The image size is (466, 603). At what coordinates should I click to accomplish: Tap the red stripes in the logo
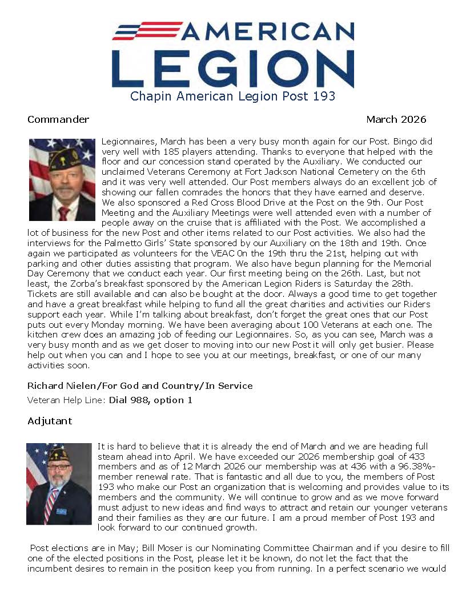[x=147, y=30]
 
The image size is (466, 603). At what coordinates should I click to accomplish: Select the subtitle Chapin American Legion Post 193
[x=233, y=97]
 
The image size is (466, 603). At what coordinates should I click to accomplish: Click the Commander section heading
[x=58, y=120]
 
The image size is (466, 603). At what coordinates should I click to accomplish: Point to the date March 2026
[x=396, y=120]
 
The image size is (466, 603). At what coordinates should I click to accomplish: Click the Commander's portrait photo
[x=62, y=180]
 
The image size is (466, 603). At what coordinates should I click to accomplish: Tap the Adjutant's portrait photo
[x=59, y=484]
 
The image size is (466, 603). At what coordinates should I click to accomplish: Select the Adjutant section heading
[x=50, y=421]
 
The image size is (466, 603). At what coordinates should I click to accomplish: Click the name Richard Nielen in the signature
[x=59, y=386]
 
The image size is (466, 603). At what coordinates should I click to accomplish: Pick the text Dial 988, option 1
[x=151, y=400]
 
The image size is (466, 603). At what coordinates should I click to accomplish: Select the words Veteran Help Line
[x=66, y=400]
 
